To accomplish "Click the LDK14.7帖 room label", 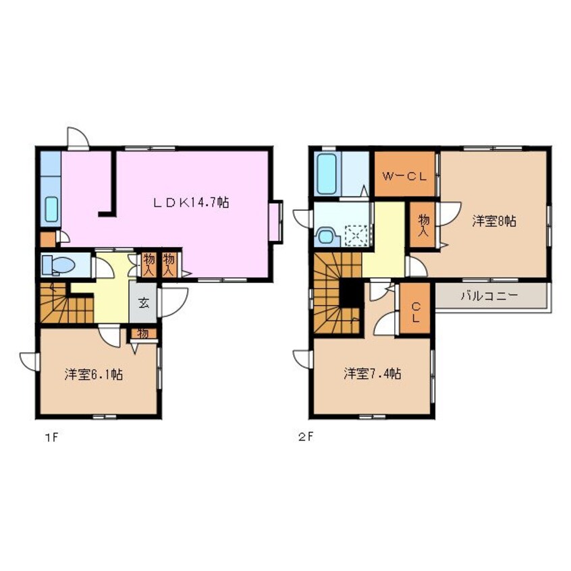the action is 191,202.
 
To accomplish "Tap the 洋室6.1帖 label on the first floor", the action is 94,375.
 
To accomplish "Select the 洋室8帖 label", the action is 494,221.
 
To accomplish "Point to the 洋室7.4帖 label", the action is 373,374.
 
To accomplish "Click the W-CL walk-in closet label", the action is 404,177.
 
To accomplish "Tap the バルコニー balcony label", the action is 489,296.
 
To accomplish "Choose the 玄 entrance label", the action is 144,302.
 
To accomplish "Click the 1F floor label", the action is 51,437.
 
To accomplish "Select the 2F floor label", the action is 306,437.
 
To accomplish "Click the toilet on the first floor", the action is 58,265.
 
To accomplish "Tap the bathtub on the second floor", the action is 326,174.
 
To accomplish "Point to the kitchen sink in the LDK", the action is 52,209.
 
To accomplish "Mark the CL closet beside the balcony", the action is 416,309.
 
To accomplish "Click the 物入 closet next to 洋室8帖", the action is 423,225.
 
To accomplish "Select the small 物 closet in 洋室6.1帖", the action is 143,333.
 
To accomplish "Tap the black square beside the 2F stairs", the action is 352,294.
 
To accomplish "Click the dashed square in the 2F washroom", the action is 356,236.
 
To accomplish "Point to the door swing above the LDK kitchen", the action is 78,137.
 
